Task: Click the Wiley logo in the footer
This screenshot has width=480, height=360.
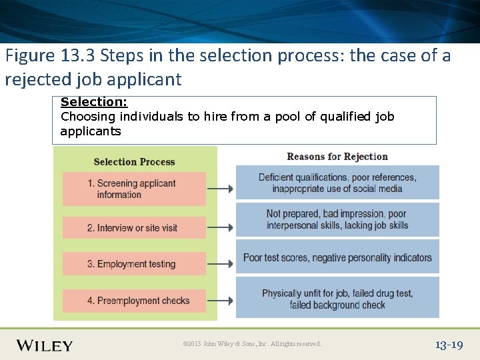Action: point(45,345)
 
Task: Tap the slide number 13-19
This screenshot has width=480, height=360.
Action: point(449,345)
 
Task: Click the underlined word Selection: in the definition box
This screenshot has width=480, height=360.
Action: point(93,102)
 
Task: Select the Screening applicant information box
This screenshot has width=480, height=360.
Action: point(134,189)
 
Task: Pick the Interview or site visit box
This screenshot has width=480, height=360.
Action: point(134,228)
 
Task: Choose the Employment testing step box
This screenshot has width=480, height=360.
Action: point(134,264)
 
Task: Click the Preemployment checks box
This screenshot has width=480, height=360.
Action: point(134,301)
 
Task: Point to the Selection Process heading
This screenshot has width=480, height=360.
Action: point(134,161)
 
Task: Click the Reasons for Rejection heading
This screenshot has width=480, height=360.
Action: point(337,157)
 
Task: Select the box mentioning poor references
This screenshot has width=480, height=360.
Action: point(337,183)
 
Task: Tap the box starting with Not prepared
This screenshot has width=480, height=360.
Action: point(337,219)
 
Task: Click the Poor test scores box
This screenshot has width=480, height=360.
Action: point(337,257)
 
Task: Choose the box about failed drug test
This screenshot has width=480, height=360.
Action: point(337,299)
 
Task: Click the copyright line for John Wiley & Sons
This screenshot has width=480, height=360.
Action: point(252,344)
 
